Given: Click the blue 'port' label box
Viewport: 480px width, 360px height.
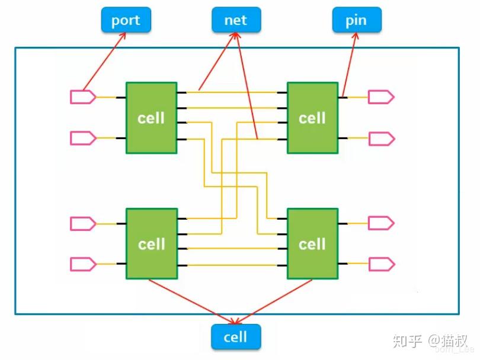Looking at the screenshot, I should [x=126, y=20].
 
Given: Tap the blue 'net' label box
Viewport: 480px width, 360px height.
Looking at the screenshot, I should [x=236, y=20].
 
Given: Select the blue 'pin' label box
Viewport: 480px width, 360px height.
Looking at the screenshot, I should [x=356, y=20].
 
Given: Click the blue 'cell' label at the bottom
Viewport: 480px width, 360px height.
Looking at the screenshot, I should [x=236, y=337].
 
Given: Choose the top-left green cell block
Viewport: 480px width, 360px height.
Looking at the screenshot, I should [x=151, y=118].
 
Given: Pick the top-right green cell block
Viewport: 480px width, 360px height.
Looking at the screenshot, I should [x=312, y=118].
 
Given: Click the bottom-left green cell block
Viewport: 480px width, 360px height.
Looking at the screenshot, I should [x=151, y=243].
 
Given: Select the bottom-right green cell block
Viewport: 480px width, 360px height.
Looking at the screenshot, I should [x=312, y=243].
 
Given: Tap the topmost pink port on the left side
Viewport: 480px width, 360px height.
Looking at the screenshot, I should [x=82, y=97].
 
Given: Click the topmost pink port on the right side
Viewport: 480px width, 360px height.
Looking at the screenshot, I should [x=380, y=97].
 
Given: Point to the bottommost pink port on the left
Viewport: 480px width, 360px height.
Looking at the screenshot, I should [x=82, y=263].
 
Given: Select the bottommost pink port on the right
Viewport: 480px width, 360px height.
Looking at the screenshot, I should [x=380, y=263].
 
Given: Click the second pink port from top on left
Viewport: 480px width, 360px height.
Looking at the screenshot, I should [x=82, y=138].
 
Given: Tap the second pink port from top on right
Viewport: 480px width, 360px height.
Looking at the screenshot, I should [x=380, y=138].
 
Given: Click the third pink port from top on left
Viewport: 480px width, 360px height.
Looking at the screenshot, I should [x=82, y=223].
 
